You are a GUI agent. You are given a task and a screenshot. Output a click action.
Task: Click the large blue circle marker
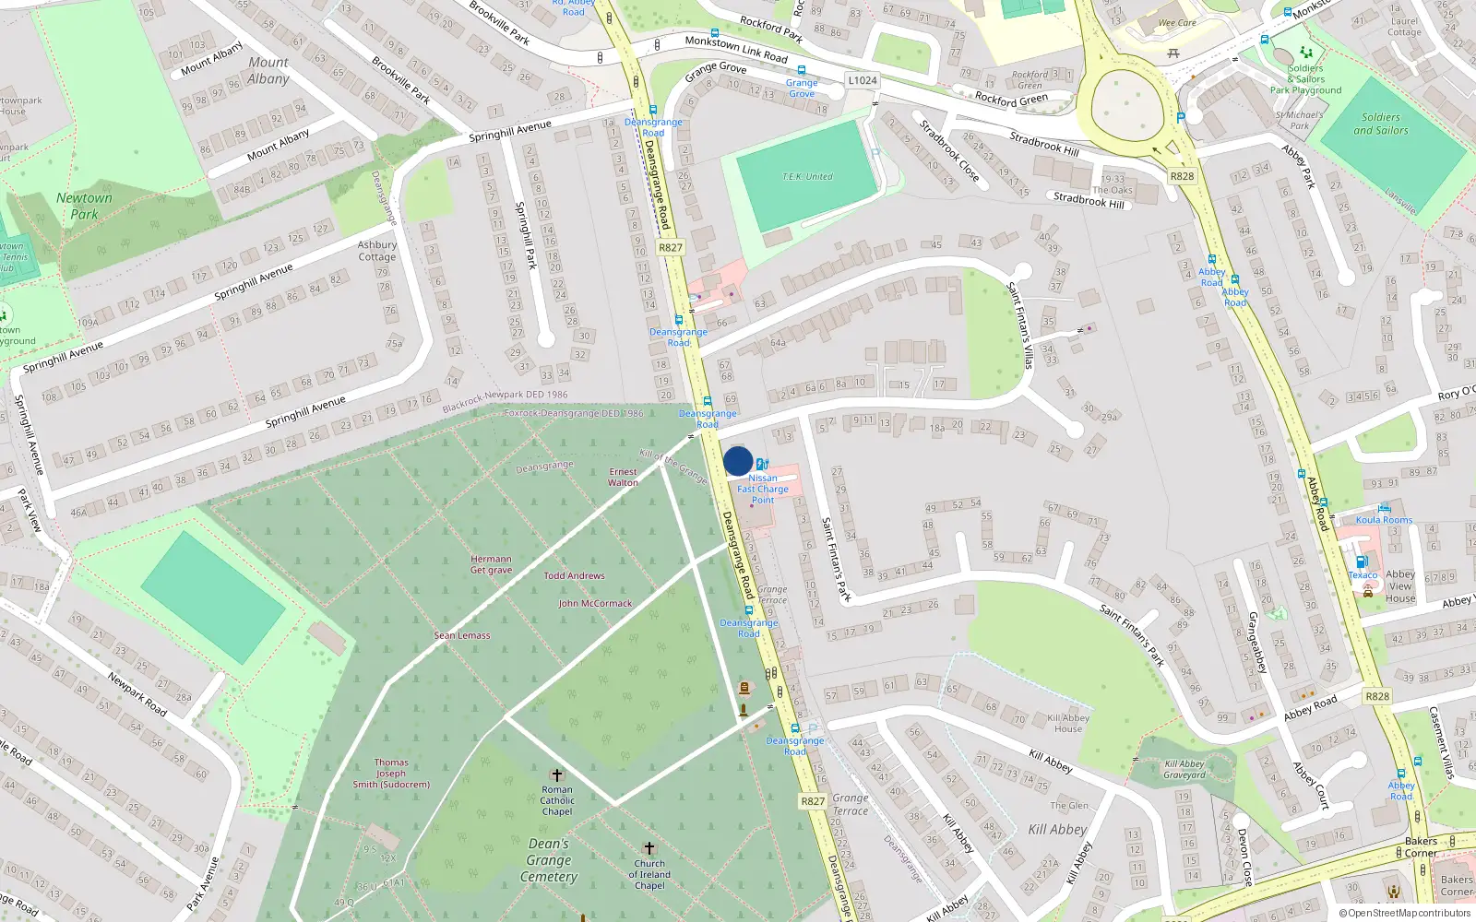(738, 461)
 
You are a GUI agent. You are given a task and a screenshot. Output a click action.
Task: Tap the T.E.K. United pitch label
(807, 176)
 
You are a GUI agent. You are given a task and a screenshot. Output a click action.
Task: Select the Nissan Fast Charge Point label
(763, 489)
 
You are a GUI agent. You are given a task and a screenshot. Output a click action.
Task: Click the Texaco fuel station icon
(1362, 562)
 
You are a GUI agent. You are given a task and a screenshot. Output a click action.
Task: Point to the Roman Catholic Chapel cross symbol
(556, 774)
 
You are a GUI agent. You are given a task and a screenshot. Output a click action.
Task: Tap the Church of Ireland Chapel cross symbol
(649, 848)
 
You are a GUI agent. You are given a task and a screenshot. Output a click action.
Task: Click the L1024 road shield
(863, 80)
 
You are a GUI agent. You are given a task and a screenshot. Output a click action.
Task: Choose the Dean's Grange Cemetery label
(549, 860)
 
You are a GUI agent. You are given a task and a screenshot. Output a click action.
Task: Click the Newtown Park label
(84, 206)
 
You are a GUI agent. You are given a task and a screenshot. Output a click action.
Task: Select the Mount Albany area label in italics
(268, 70)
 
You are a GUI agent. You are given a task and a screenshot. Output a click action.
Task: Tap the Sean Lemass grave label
(462, 635)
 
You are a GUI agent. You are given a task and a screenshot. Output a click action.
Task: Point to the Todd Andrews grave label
(574, 575)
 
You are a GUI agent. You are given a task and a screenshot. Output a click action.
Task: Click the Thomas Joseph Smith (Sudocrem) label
(391, 774)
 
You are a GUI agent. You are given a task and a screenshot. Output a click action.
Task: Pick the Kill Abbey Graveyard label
(1184, 769)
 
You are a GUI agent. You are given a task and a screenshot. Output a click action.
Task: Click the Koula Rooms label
(1384, 520)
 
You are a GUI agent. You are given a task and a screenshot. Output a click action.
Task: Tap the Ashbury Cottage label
(377, 251)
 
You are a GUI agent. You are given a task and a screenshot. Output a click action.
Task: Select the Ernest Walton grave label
(623, 477)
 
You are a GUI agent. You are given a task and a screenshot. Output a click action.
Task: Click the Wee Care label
(1177, 23)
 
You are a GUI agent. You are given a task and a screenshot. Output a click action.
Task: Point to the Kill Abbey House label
(1068, 723)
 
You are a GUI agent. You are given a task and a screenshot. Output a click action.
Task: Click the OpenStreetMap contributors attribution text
(1405, 913)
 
